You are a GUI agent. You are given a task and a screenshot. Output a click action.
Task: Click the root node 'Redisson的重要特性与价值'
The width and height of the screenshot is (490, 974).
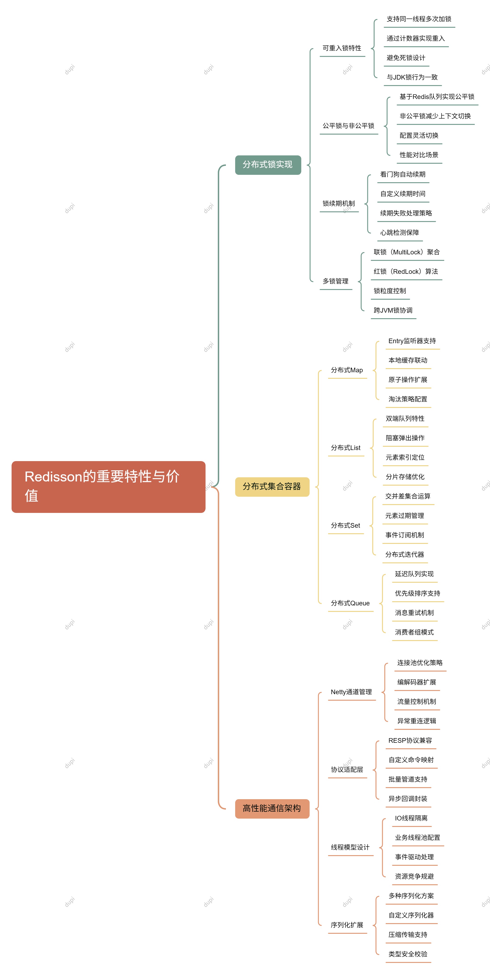point(108,486)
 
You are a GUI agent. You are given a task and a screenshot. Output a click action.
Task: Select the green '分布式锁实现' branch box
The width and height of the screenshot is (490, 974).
point(268,165)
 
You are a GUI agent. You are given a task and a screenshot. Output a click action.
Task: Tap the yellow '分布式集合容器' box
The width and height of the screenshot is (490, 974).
point(272,487)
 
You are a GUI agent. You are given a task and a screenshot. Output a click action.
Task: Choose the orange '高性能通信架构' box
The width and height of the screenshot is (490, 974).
point(272,808)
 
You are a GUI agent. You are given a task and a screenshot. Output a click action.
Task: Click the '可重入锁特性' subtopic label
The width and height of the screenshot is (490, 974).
point(342,48)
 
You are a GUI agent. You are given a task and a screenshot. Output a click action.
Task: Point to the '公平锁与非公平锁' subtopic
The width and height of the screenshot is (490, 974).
point(348,126)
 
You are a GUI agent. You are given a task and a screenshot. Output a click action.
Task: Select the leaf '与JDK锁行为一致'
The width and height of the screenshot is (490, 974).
point(412,77)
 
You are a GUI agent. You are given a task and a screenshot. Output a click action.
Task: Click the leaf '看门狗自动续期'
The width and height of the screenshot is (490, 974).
point(403,175)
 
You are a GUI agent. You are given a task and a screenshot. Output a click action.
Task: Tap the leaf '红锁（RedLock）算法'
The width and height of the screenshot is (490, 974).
point(406,271)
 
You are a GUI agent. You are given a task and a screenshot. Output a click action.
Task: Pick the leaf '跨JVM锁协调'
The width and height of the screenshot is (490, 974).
point(393,310)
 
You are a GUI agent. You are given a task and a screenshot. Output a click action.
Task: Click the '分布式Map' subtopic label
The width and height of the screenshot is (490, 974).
point(346,370)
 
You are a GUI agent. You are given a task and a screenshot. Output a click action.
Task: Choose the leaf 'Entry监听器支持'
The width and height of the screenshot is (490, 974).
point(412,341)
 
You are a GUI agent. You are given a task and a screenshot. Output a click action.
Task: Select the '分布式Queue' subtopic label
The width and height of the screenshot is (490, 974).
point(350,603)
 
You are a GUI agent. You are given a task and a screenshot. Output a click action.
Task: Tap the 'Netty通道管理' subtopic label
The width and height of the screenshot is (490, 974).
point(351,692)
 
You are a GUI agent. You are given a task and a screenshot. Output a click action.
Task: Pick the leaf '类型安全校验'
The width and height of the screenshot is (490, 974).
point(408,954)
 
